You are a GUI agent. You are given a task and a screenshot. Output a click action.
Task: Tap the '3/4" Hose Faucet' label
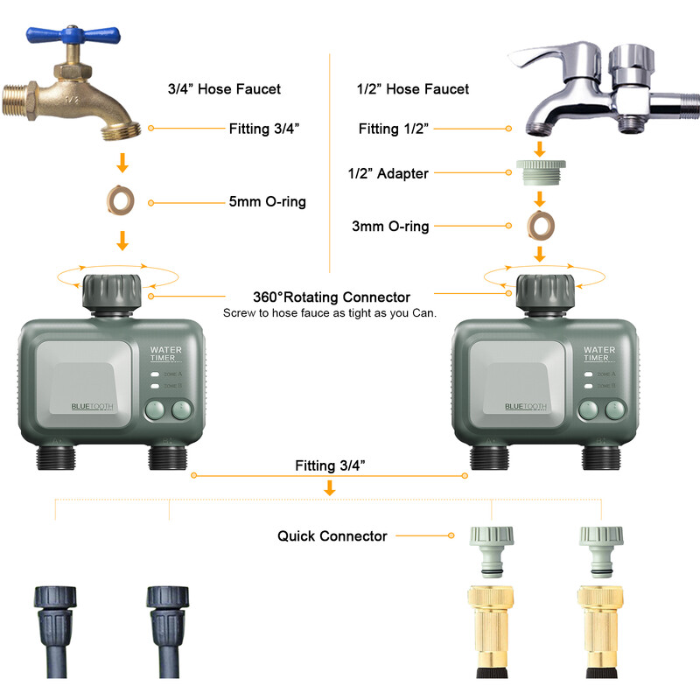[x=224, y=89]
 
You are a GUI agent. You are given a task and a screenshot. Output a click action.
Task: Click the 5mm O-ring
[x=122, y=202]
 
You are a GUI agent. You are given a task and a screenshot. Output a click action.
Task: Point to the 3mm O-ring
[x=540, y=226]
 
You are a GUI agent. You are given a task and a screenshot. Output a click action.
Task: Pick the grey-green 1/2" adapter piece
[x=540, y=173]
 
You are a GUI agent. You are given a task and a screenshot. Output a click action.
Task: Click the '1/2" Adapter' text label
[x=388, y=173]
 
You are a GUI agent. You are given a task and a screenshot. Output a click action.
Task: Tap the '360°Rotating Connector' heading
[x=331, y=297]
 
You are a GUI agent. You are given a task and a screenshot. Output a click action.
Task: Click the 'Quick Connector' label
[x=332, y=535]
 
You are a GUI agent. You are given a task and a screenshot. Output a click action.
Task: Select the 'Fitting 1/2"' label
[x=393, y=129]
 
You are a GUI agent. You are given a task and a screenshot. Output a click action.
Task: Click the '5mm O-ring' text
[x=267, y=202]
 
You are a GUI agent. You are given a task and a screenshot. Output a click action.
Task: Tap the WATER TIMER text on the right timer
[x=599, y=353]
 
